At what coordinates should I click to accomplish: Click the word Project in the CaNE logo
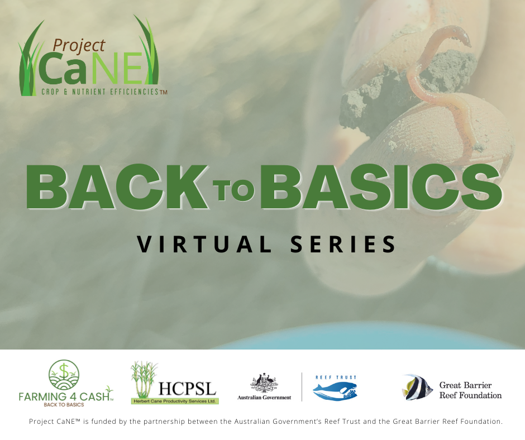click(79, 46)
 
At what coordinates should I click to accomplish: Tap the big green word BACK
click(117, 186)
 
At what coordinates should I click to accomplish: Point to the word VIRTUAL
click(204, 244)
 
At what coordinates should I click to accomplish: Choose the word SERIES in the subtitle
click(343, 244)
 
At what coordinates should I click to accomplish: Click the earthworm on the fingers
click(442, 90)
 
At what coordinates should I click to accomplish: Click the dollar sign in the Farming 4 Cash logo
click(64, 371)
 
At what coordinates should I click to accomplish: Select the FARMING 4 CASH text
click(64, 397)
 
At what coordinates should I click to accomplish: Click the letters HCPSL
click(187, 389)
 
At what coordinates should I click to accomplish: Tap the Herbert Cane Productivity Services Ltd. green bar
click(174, 401)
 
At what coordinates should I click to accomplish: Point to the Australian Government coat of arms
click(264, 382)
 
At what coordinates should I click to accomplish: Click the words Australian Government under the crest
click(264, 398)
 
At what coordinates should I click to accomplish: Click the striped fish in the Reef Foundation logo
click(417, 388)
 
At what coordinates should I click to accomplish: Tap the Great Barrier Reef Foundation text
click(470, 390)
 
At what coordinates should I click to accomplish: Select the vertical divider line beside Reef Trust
click(302, 387)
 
